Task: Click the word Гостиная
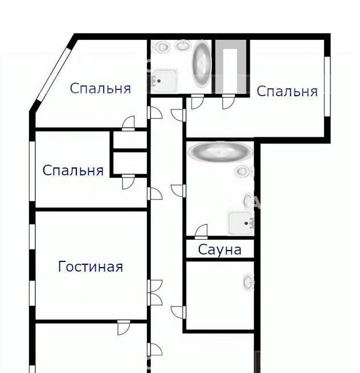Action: (91, 267)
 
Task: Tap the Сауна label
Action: (220, 249)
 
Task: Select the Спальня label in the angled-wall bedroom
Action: (100, 88)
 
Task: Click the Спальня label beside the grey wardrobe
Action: (287, 91)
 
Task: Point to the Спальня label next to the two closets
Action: (73, 170)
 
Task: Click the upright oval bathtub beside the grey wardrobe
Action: (202, 64)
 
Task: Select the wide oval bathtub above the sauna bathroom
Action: (220, 152)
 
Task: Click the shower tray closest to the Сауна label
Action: (241, 223)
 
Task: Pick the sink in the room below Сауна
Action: (248, 282)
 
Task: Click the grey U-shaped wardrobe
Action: (231, 67)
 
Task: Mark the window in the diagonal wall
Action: (53, 76)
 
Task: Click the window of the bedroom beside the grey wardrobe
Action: (328, 87)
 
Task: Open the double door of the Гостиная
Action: (155, 293)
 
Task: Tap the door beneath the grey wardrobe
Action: (228, 102)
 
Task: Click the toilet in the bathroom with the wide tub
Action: (243, 171)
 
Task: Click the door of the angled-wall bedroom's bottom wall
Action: (128, 123)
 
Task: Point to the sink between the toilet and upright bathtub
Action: (183, 45)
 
